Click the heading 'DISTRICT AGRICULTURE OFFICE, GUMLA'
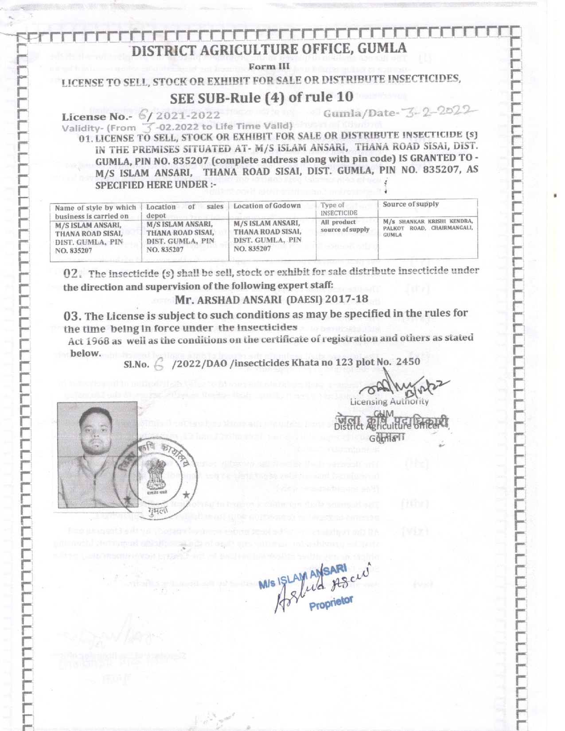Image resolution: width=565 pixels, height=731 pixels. click(269, 49)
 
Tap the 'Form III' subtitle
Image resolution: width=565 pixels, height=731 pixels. click(269, 67)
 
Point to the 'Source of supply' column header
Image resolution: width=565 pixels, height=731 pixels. click(410, 204)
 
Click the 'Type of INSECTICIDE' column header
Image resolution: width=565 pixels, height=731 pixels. click(339, 209)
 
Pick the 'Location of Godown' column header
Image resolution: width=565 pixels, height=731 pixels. click(267, 206)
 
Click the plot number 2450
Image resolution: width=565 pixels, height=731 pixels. click(408, 362)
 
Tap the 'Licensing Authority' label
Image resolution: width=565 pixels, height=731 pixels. click(389, 402)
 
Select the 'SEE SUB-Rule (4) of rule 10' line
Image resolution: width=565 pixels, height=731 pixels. click(261, 97)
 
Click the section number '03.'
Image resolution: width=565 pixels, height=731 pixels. click(72, 316)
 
